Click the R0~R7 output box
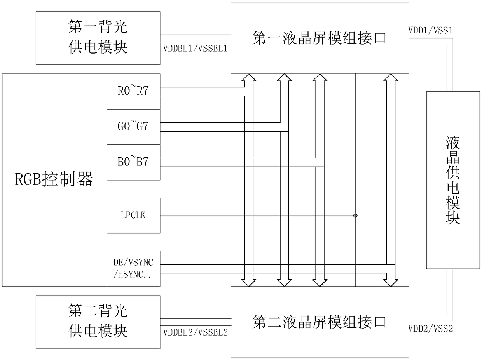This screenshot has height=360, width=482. pyautogui.click(x=133, y=91)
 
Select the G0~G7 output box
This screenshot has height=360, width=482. pyautogui.click(x=133, y=127)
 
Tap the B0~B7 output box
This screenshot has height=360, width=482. pyautogui.click(x=133, y=162)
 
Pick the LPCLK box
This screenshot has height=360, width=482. pyautogui.click(x=133, y=216)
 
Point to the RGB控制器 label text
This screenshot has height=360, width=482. pyautogui.click(x=54, y=180)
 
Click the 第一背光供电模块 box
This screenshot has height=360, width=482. pyautogui.click(x=98, y=38)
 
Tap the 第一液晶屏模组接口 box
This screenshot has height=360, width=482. pyautogui.click(x=320, y=38)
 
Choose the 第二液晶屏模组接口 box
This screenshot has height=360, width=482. pyautogui.click(x=320, y=322)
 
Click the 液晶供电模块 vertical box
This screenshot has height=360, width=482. pyautogui.click(x=453, y=180)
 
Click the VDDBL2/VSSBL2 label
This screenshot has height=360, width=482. pyautogui.click(x=196, y=332)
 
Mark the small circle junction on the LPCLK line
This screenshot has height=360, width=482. pyautogui.click(x=355, y=216)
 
